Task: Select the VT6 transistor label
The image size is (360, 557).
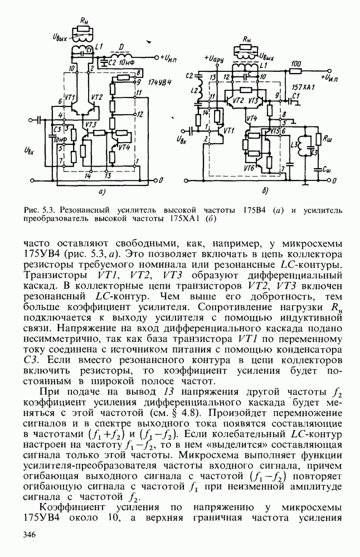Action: click(249, 167)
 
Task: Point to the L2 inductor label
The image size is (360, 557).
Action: click(194, 90)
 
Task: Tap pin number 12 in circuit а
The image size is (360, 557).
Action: click(141, 114)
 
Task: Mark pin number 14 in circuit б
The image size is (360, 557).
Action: click(206, 112)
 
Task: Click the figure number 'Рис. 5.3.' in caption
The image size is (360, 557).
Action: click(37, 210)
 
